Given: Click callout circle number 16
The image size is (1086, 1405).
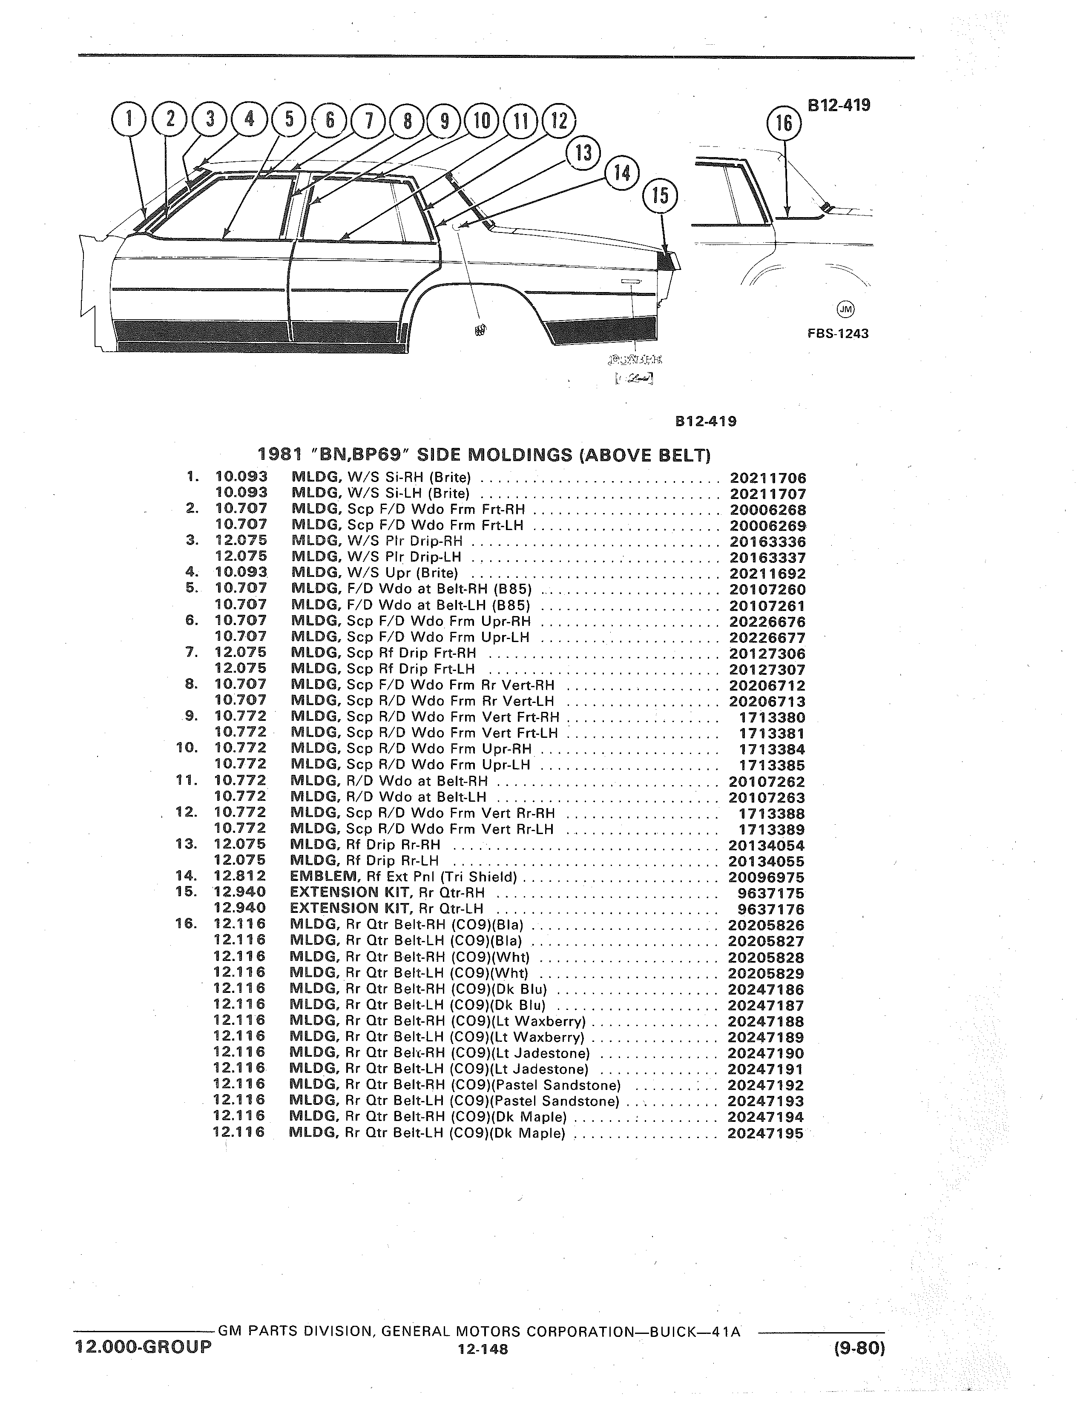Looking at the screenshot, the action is coord(784,123).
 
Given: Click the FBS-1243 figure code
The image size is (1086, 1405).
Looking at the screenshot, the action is coord(836,334).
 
